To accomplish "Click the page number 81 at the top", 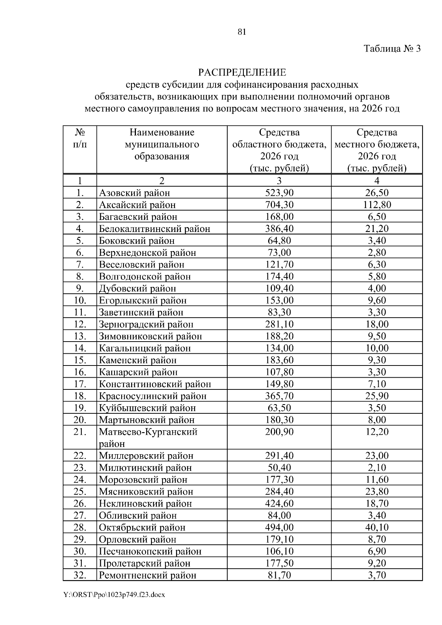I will point(242,32).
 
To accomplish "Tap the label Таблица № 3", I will point(392,49).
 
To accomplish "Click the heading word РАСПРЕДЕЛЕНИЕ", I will point(242,72).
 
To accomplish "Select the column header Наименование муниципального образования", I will point(162,144).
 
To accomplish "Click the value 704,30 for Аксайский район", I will point(279,205).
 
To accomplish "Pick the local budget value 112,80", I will point(377,205).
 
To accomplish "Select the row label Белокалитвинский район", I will point(154,229).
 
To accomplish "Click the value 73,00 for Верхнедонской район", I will point(279,253).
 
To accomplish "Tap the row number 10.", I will point(80,300).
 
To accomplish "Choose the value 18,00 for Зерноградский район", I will point(377,324).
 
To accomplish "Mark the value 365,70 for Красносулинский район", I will point(279,396).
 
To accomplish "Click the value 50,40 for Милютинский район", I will point(279,468).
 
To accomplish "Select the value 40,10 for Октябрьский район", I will point(377,527).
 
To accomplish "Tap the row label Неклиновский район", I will point(145,504).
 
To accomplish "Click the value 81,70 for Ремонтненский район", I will point(279,575).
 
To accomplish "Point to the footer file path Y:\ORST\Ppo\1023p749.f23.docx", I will point(114,594).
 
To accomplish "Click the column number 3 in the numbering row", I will point(279,180).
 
